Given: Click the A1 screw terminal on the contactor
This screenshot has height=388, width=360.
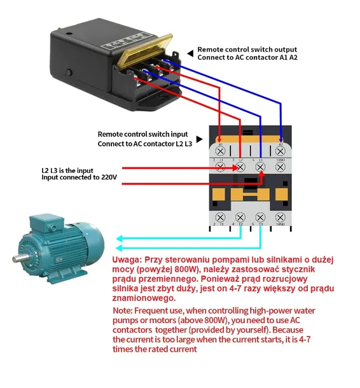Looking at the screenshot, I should tap(220, 151).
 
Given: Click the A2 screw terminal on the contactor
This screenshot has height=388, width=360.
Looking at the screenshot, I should tap(280, 151).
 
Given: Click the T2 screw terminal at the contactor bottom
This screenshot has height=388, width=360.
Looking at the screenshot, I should tap(240, 217).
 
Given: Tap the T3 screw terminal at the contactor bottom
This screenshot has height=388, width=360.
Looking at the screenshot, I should tap(260, 217).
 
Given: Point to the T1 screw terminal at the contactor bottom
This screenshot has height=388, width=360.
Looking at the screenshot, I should tap(221, 217).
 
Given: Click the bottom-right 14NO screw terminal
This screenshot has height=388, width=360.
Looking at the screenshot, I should tap(280, 217).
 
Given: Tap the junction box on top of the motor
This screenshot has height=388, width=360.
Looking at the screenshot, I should tap(46, 223).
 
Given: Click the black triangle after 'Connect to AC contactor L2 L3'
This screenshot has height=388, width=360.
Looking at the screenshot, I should tap(199, 139).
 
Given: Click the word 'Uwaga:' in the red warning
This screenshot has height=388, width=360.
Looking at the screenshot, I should tap(127, 260).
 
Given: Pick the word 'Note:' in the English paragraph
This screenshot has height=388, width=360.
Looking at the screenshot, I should tap(122, 310).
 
